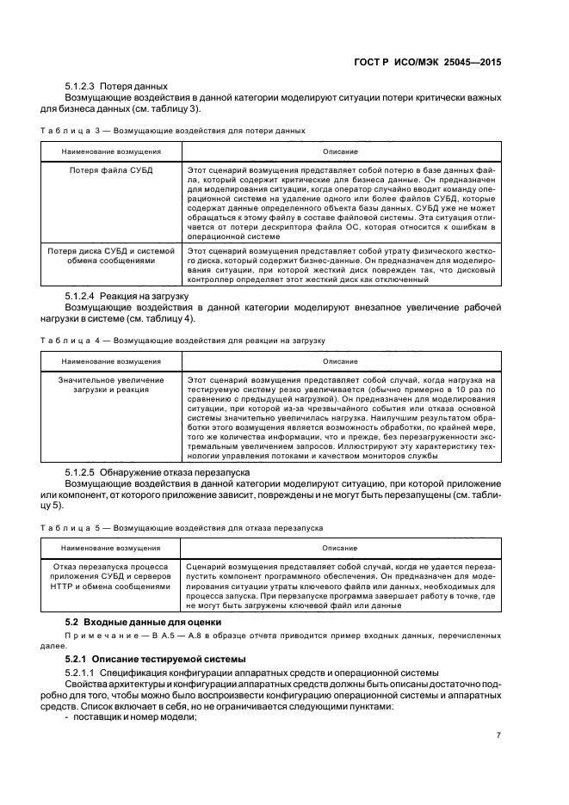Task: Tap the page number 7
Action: coord(499,735)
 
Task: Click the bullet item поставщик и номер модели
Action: coord(131,718)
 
